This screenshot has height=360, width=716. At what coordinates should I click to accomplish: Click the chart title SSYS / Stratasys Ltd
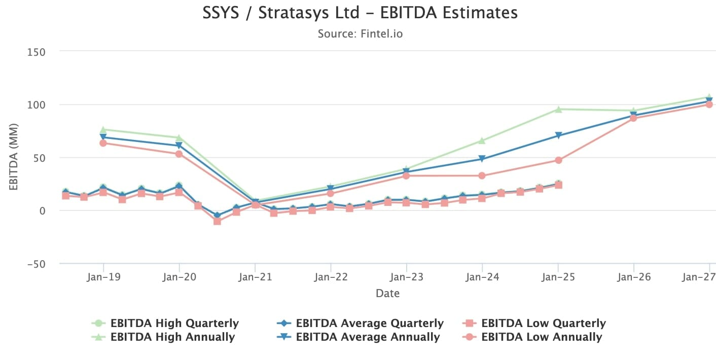tap(360, 13)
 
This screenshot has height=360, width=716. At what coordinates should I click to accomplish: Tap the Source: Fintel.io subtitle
tap(360, 34)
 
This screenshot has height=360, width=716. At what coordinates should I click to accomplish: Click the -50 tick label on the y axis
tap(33, 264)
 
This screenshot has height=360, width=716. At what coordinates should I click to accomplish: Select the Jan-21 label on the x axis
tap(255, 277)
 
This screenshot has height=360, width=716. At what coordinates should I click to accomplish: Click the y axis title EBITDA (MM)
tap(14, 157)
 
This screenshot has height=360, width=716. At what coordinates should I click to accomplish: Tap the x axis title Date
tap(387, 293)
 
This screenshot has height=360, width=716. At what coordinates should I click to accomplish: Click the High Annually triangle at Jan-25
tap(558, 109)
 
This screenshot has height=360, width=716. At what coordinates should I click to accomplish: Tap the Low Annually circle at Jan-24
tap(482, 175)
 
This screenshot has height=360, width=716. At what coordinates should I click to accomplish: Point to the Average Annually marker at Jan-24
tap(482, 159)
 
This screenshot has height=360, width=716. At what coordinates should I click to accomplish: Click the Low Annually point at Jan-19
tap(103, 143)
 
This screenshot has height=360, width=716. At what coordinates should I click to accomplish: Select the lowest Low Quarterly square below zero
tap(218, 221)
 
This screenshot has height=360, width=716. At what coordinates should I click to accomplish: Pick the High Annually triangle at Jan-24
tap(482, 140)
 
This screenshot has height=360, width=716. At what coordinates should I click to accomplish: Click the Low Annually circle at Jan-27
tap(709, 104)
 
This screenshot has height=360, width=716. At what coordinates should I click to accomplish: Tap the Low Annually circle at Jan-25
tap(558, 160)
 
